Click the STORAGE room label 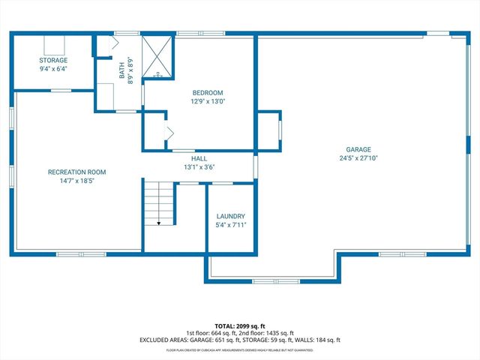(x=53, y=60)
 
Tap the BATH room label (x=121, y=70)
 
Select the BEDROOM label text (x=208, y=93)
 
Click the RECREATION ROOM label (x=71, y=172)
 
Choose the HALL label (x=199, y=159)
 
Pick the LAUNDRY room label (x=230, y=216)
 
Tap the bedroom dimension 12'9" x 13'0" (x=208, y=101)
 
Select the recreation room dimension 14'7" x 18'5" (x=71, y=181)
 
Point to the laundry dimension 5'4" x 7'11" (x=230, y=224)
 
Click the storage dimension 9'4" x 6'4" (x=53, y=68)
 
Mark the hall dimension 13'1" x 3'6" (x=199, y=167)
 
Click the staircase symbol (x=159, y=202)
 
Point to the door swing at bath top (x=115, y=43)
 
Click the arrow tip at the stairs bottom (x=159, y=223)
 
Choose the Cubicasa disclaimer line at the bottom (x=239, y=349)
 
